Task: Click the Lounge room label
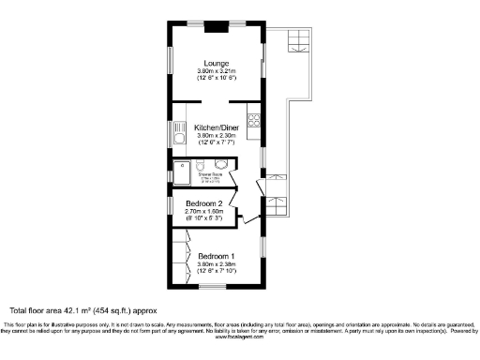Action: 218,63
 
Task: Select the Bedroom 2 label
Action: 203,203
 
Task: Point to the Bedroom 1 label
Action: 216,256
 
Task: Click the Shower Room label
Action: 210,174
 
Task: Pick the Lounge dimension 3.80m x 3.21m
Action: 217,71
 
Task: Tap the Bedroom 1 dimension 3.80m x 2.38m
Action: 216,265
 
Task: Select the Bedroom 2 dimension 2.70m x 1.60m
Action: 203,213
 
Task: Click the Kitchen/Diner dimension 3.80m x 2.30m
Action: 217,135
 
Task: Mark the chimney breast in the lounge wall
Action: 217,24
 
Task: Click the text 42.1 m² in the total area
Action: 96,309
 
